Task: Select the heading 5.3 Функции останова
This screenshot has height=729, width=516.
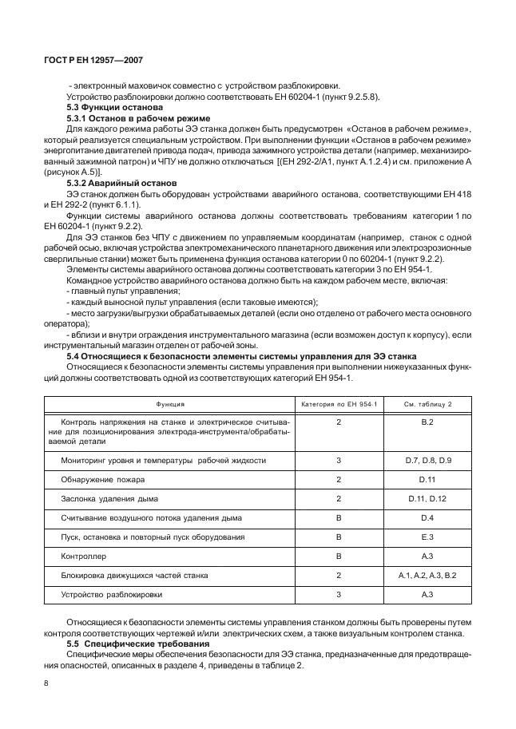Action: [x=114, y=107]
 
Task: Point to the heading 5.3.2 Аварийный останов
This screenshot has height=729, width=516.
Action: [x=115, y=183]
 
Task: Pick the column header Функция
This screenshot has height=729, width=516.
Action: [x=170, y=404]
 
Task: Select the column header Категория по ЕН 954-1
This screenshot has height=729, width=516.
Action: [x=338, y=404]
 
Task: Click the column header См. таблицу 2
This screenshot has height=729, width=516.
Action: [x=427, y=404]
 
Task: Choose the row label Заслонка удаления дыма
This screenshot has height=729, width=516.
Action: [x=109, y=499]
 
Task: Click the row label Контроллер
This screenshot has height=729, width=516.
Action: [x=84, y=557]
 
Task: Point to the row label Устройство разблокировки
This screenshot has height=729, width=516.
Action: [x=112, y=595]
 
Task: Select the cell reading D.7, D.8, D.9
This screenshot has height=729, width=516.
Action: [x=427, y=461]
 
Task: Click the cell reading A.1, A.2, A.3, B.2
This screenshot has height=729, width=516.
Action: [x=427, y=576]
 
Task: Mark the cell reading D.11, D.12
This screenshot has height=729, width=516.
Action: [x=427, y=499]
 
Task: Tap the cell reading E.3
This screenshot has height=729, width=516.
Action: [x=427, y=537]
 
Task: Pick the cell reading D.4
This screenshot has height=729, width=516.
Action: [x=427, y=518]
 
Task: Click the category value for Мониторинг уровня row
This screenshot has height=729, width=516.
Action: [x=339, y=461]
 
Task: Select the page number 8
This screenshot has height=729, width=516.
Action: [x=48, y=683]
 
